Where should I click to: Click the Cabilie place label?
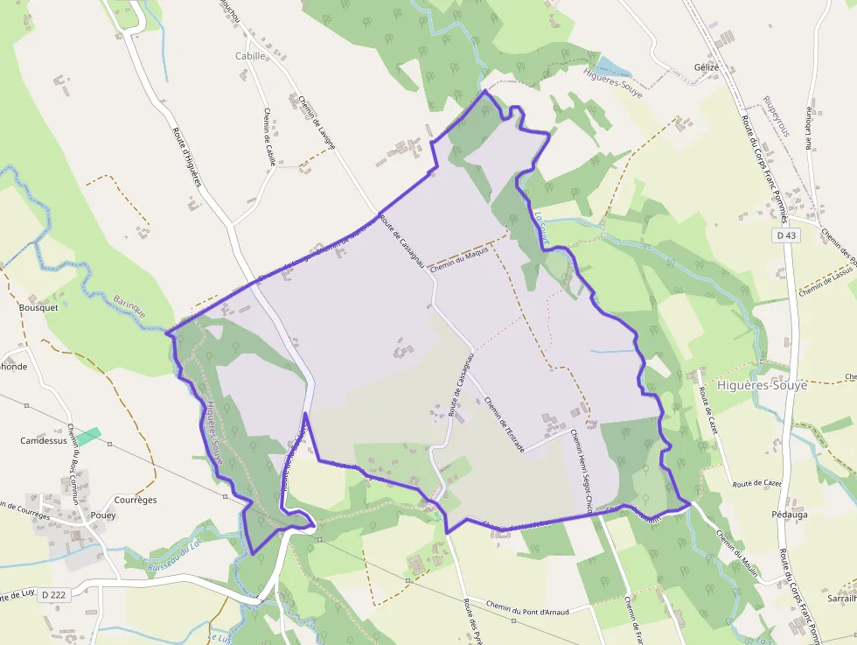[x=250, y=55]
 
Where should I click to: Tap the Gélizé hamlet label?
[x=706, y=67]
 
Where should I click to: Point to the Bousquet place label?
[x=38, y=308]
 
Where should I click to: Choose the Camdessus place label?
[x=44, y=440]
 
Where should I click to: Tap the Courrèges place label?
[x=136, y=500]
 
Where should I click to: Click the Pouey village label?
[x=102, y=515]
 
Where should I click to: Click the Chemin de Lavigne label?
[x=316, y=123]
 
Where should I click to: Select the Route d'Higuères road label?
[x=186, y=158]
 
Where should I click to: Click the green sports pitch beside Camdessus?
[x=87, y=435]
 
